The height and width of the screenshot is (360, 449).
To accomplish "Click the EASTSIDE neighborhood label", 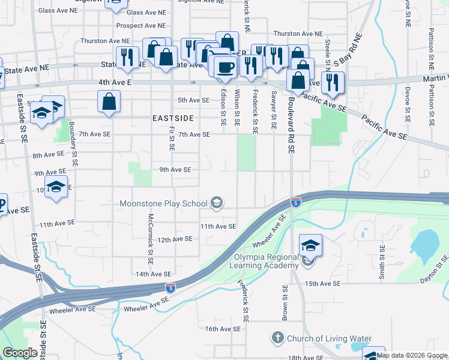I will click(x=172, y=118).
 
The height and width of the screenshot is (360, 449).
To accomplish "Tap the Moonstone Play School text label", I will click(x=163, y=204).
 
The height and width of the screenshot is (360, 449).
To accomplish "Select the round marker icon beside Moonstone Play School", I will click(x=217, y=204).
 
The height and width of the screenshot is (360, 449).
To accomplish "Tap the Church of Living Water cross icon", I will click(x=277, y=338).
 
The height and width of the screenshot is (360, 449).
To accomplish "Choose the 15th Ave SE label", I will click(x=322, y=283).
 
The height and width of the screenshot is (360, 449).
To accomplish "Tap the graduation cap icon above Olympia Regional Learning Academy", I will click(x=310, y=245).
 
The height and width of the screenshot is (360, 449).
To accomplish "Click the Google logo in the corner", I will click(x=20, y=353).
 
